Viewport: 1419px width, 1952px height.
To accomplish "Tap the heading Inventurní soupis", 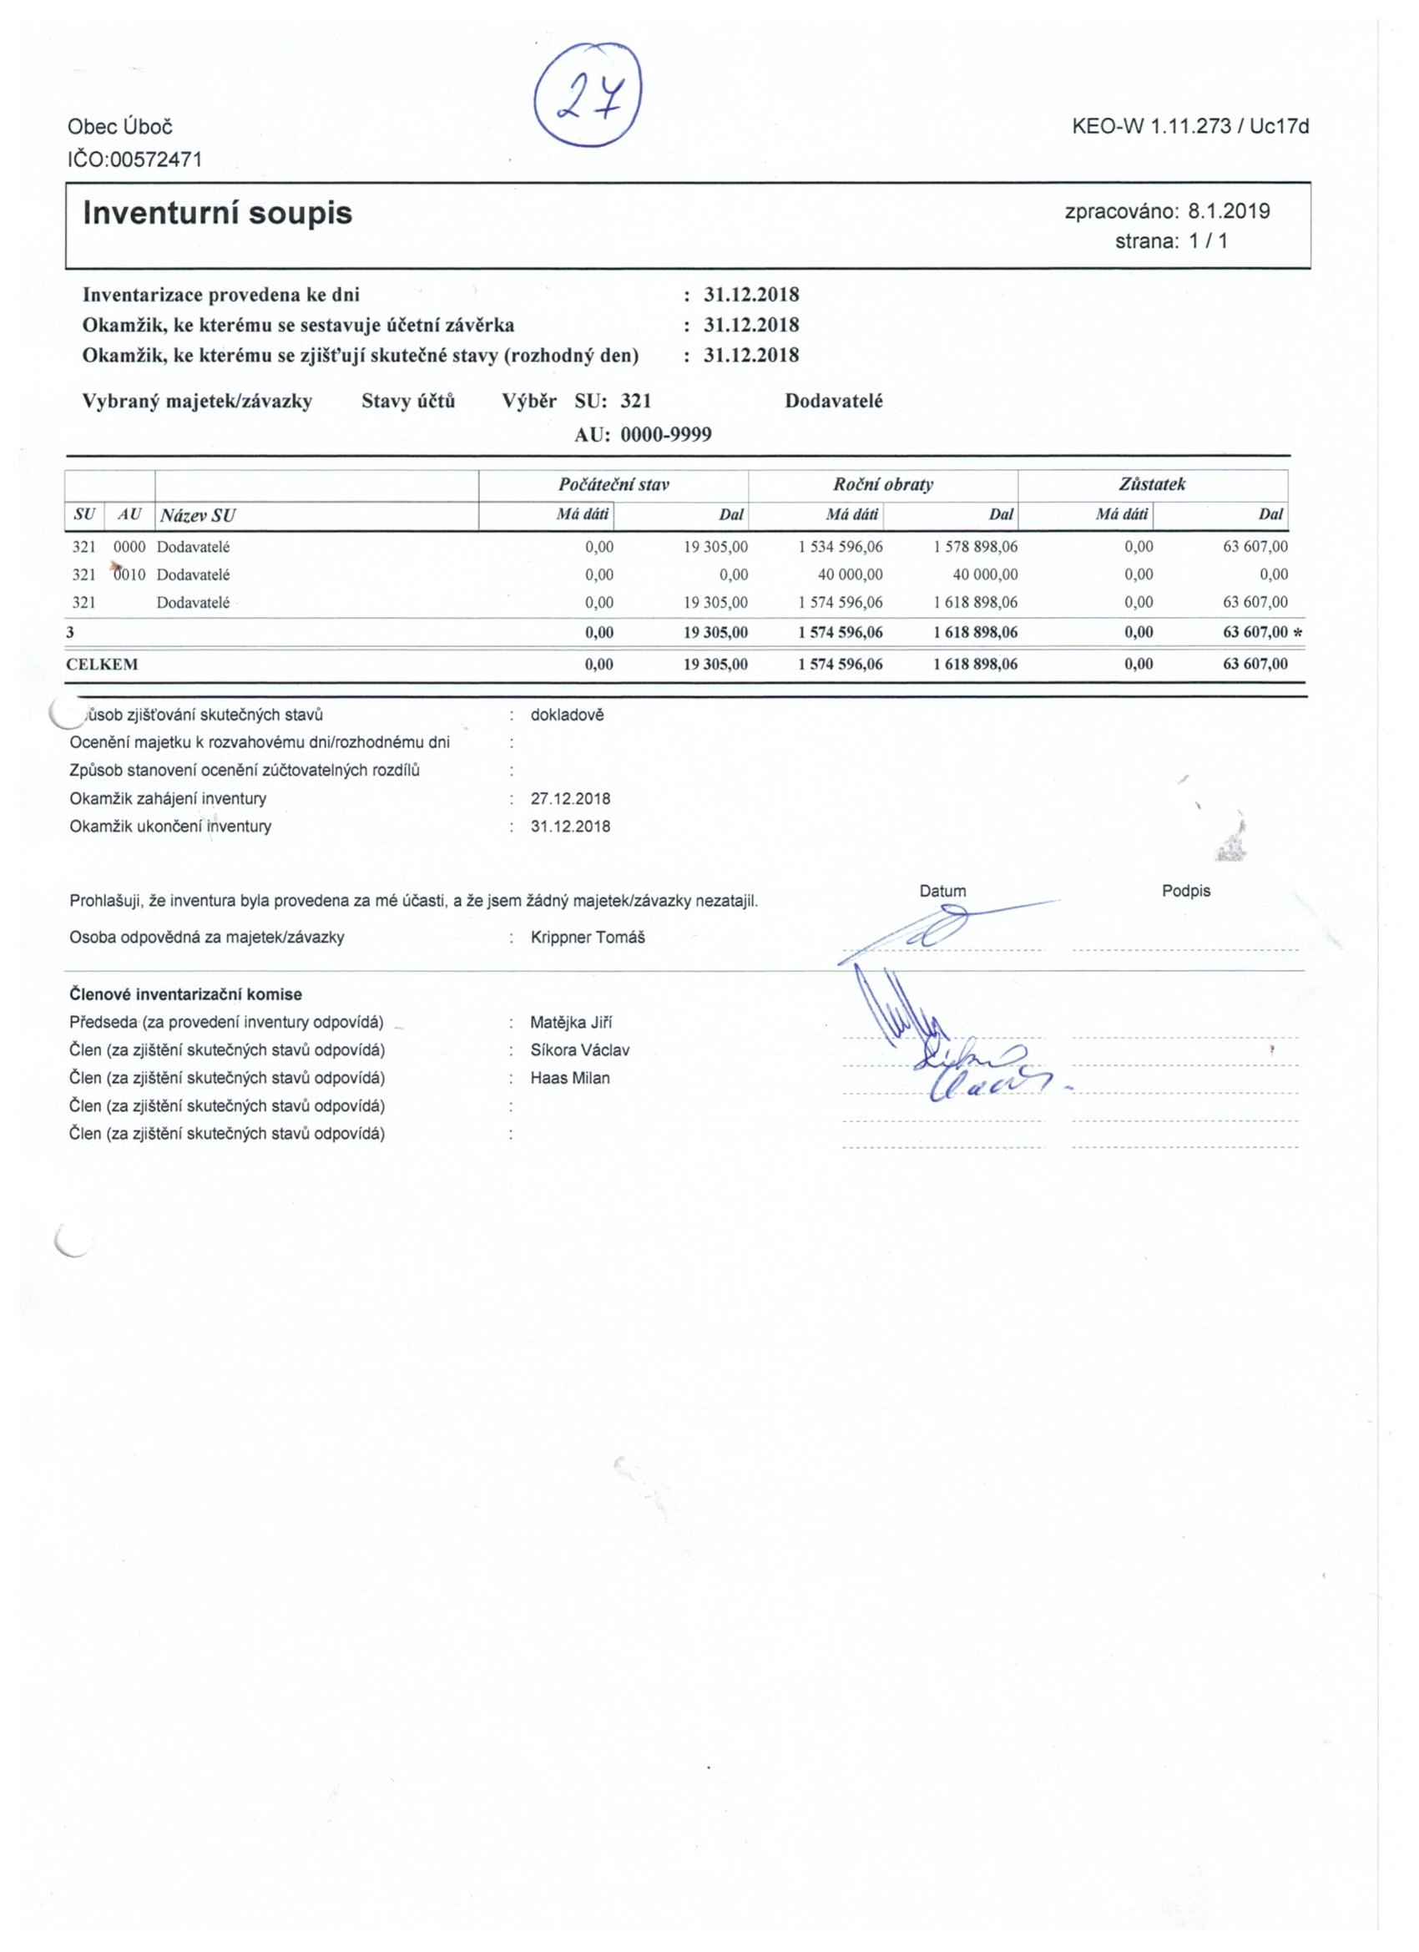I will (217, 213).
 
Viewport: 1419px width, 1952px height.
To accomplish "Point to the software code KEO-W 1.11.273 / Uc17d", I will (1190, 128).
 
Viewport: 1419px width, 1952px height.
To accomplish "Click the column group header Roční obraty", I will (883, 484).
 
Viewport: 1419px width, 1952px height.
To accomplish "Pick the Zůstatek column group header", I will (1152, 484).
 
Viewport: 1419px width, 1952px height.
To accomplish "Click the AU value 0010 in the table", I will (130, 574).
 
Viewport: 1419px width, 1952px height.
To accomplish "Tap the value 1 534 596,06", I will (840, 547).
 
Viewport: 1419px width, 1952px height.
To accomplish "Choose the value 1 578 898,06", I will (975, 547).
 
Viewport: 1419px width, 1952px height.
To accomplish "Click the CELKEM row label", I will (103, 665).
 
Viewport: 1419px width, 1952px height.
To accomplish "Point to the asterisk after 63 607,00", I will (1298, 633).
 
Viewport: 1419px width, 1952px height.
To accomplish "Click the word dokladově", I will (567, 715).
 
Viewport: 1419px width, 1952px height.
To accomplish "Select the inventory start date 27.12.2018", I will (571, 799).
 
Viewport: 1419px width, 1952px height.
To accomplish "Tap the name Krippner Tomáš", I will (588, 938).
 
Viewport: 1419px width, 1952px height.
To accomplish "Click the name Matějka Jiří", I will (572, 1023).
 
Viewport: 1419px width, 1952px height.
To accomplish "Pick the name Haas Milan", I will (569, 1078).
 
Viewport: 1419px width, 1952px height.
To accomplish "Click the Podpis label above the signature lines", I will (1186, 891).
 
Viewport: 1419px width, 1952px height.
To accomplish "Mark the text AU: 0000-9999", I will (643, 435).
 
